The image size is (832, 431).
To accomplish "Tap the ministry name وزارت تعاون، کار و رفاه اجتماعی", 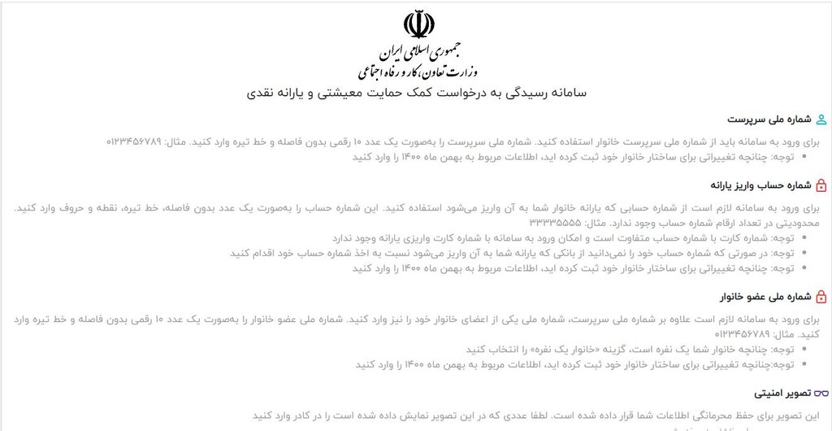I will pyautogui.click(x=416, y=72).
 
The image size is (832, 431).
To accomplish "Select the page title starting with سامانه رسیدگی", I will pyautogui.click(x=416, y=93).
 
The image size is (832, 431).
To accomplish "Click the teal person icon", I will pyautogui.click(x=821, y=120).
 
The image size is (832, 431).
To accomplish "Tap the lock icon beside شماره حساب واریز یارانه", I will pyautogui.click(x=821, y=185).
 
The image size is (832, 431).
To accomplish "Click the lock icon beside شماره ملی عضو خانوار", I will pyautogui.click(x=821, y=298).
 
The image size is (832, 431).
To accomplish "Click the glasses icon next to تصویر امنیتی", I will pyautogui.click(x=821, y=394).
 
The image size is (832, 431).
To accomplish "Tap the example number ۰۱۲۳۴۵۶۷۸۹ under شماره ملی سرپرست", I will pyautogui.click(x=135, y=141).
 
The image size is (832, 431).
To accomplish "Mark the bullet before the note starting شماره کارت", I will pyautogui.click(x=804, y=237).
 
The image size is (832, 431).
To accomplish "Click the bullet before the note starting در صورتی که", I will pyautogui.click(x=804, y=253).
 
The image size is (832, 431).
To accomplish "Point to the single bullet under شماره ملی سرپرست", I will pyautogui.click(x=804, y=157).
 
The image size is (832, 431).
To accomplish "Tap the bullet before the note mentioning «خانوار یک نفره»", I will pyautogui.click(x=804, y=350).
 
